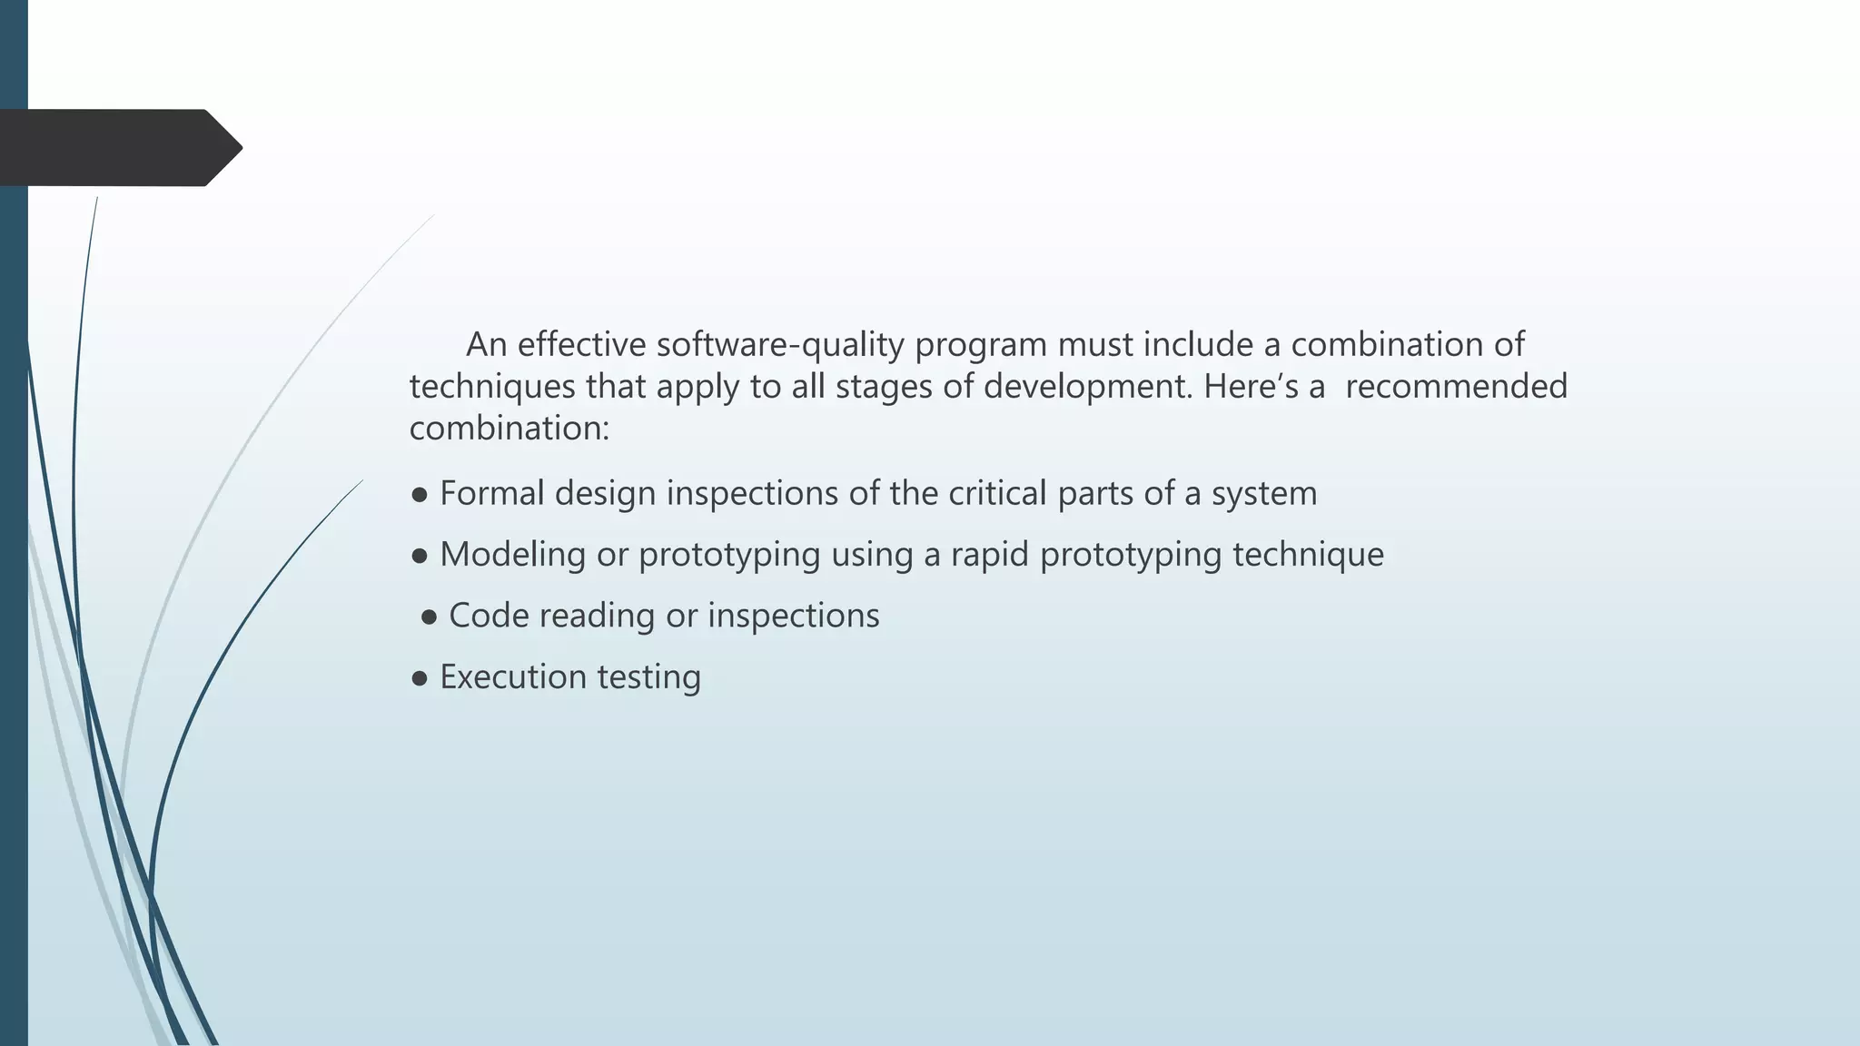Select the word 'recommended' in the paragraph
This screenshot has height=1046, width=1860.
(x=1456, y=387)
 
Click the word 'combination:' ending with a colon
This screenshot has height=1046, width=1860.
(x=509, y=429)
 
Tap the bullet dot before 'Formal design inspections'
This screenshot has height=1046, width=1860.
(x=420, y=496)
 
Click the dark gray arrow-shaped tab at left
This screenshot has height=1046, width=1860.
(x=118, y=148)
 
